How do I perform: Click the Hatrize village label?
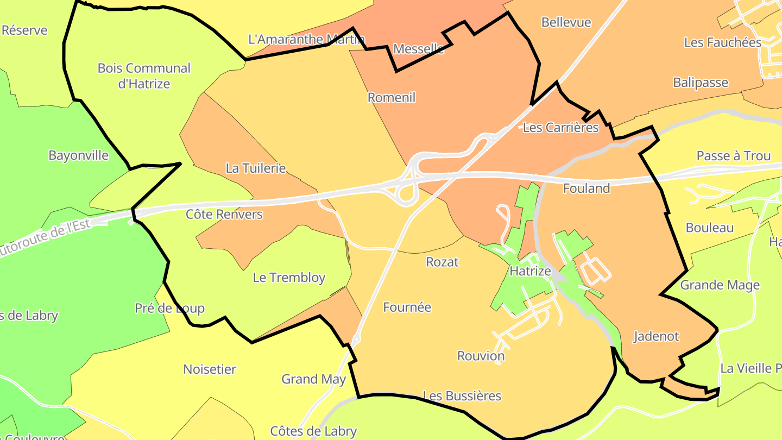pos(530,271)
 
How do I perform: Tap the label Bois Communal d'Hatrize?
pos(144,76)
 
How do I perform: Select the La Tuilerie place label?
pos(255,168)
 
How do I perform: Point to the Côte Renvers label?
pos(224,215)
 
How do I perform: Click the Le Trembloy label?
pos(289,278)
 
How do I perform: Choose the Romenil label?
pos(391,98)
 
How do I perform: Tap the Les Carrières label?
pos(560,128)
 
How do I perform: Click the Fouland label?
pos(586,188)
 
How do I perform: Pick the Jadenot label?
pos(656,337)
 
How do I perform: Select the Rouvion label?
pos(481,356)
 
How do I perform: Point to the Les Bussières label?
pos(462,396)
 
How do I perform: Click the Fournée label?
pos(407,307)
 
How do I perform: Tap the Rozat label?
pos(442,262)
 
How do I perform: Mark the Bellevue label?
pos(566,23)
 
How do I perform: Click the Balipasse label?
pos(701,83)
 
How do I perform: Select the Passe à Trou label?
pos(733,156)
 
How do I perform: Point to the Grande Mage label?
pos(720,285)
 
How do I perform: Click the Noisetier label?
pos(210,370)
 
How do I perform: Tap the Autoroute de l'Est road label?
pos(43,238)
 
